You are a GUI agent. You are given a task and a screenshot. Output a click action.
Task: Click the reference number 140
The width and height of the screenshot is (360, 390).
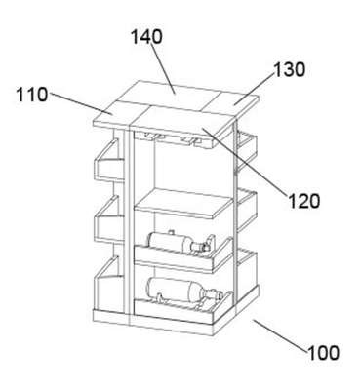click(x=146, y=37)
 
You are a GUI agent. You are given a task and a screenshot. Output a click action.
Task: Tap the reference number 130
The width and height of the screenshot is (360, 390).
click(x=289, y=69)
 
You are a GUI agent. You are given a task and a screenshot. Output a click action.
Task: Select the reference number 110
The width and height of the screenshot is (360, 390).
click(x=32, y=95)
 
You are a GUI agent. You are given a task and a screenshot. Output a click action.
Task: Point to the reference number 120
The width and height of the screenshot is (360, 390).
click(x=304, y=201)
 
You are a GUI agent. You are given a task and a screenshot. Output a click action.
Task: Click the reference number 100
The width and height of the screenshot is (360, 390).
click(x=324, y=353)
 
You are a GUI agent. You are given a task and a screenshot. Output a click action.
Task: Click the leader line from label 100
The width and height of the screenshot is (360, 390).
click(x=281, y=335)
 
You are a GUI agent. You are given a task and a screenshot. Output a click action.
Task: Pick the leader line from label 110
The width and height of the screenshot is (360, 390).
click(x=81, y=104)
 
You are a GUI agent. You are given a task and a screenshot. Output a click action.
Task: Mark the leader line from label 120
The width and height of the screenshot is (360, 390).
click(x=245, y=162)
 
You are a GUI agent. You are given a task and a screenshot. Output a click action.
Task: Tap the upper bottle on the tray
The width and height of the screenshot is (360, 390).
click(x=179, y=243)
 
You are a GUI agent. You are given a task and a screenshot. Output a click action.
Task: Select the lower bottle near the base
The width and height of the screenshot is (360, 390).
click(x=184, y=292)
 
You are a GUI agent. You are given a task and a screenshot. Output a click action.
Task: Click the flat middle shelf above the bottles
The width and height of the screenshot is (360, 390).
click(x=184, y=204)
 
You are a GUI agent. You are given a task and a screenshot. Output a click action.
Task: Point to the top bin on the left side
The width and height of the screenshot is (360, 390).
click(x=109, y=161)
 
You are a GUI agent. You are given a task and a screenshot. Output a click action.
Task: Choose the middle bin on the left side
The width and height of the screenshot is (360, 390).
click(x=109, y=219)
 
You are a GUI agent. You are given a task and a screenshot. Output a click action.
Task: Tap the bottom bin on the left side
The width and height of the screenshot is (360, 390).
click(x=109, y=286)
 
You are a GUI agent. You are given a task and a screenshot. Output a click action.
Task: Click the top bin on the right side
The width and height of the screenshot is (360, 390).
click(x=247, y=149)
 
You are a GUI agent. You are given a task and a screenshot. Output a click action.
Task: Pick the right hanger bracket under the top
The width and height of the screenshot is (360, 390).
click(x=191, y=140)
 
